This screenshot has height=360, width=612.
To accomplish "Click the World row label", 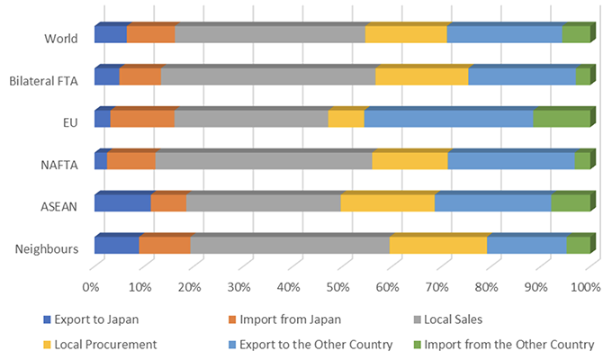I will coord(60,38).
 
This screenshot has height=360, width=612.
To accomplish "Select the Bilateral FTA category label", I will coord(44,80).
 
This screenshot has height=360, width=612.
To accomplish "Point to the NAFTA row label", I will coord(60,164).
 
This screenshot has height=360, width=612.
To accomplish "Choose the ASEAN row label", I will coord(60,205).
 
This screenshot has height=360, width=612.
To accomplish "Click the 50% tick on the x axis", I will coord(338,287).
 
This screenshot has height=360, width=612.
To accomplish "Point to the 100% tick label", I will coord(585,287).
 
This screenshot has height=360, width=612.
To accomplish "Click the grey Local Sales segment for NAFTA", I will coord(263,161).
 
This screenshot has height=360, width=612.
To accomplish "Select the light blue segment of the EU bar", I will coord(447,119).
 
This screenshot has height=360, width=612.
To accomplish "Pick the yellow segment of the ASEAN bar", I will coord(387,202).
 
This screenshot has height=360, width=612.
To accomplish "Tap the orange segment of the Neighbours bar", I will coord(164,245).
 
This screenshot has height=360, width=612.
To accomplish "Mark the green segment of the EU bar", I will coord(561,119).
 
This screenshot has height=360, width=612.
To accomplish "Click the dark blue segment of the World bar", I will coord(110,35).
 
